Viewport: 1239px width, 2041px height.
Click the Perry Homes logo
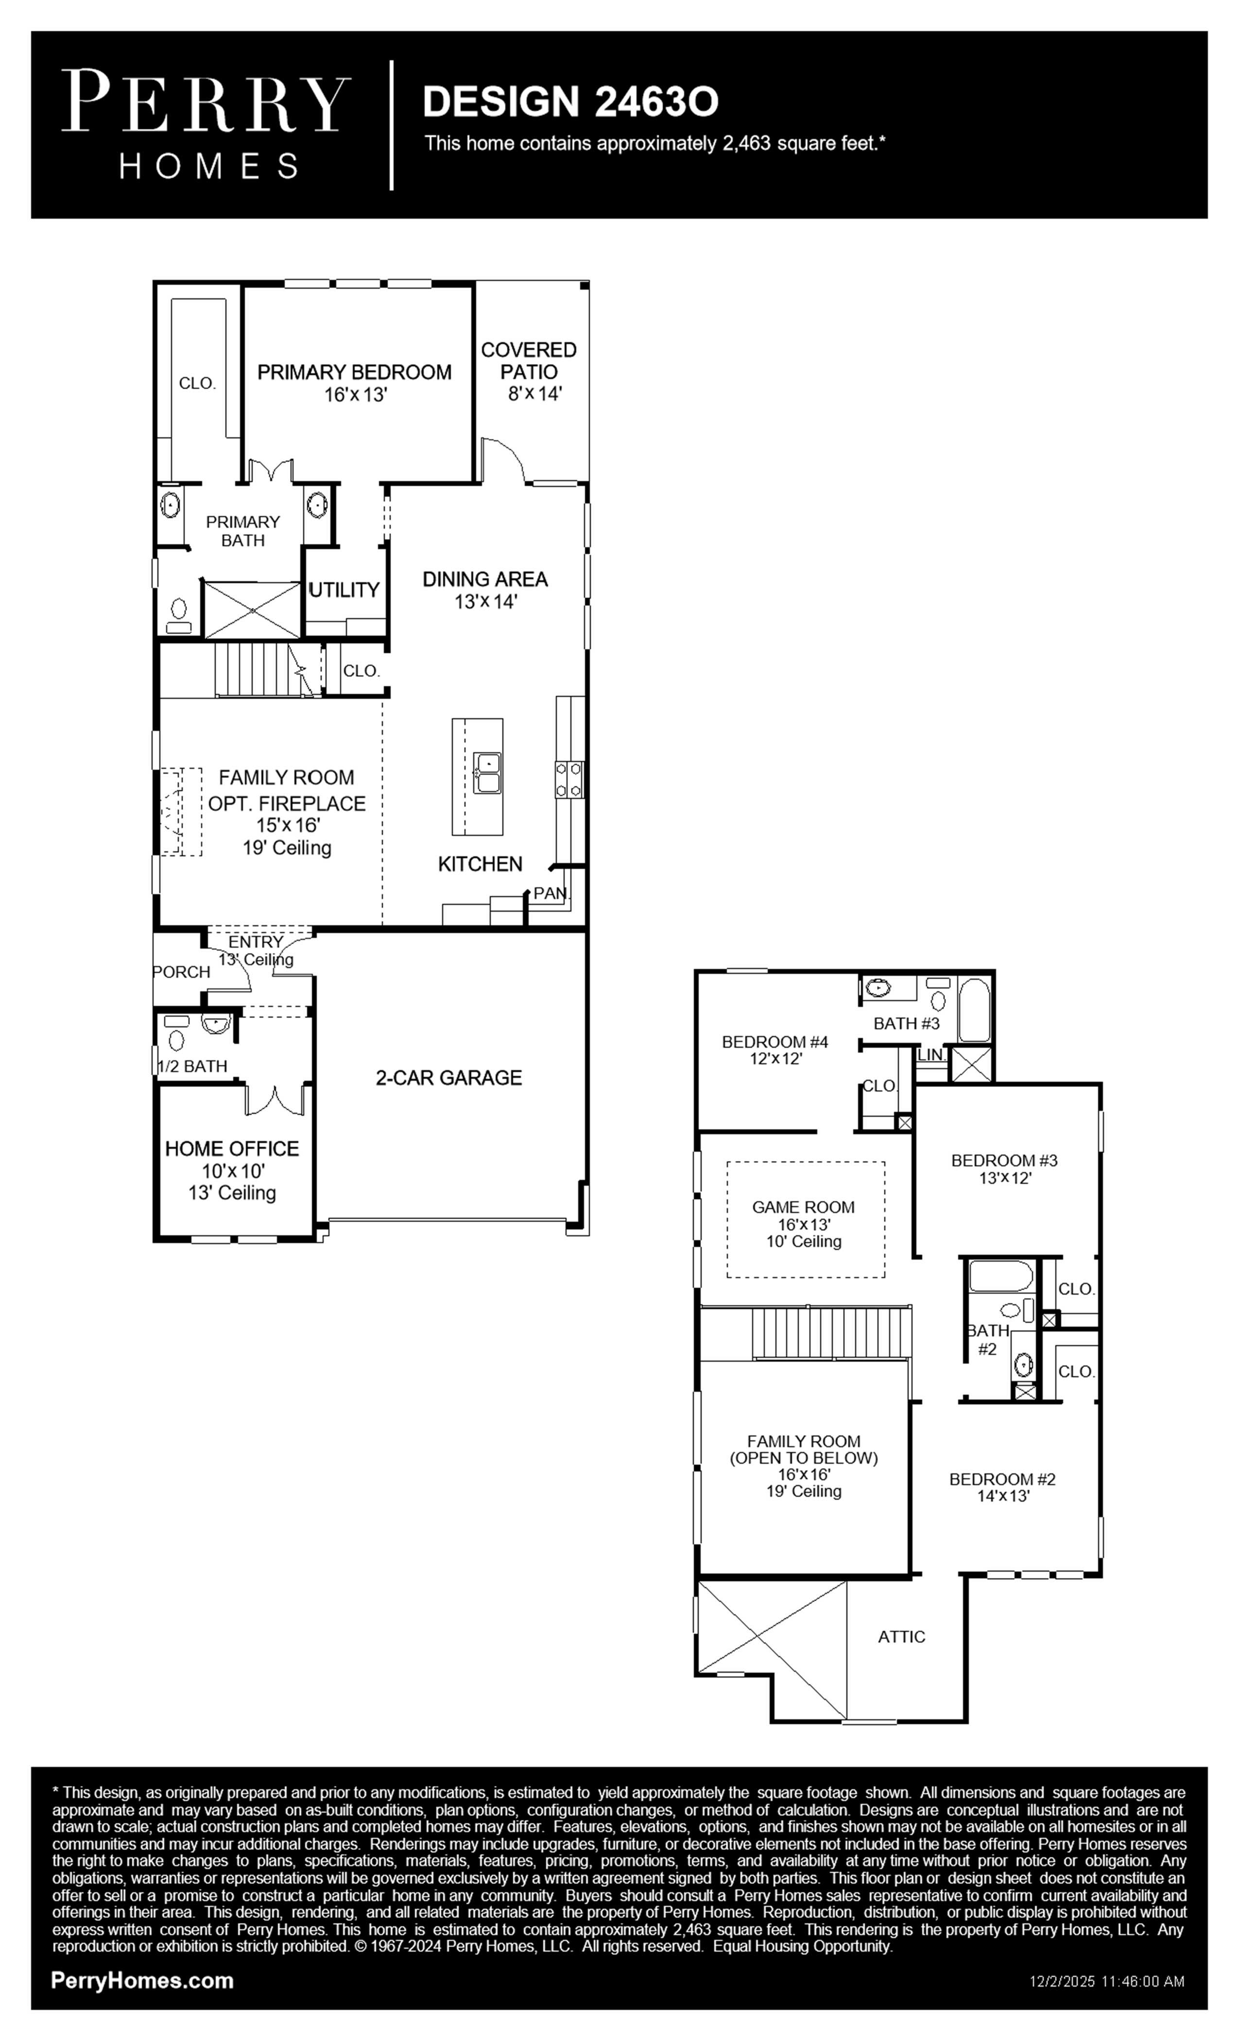click(x=206, y=125)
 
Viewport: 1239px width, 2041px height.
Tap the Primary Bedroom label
click(x=355, y=373)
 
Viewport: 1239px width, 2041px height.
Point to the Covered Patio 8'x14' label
click(x=529, y=372)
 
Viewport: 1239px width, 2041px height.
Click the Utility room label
click(x=344, y=590)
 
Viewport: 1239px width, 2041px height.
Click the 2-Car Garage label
click(x=449, y=1078)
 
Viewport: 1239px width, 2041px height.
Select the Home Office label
click(x=232, y=1149)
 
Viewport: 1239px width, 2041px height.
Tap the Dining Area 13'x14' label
click(x=485, y=590)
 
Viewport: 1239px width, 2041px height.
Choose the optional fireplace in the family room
click(x=181, y=812)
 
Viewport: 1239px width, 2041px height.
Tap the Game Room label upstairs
click(x=803, y=1208)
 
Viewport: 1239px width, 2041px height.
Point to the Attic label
click(x=902, y=1637)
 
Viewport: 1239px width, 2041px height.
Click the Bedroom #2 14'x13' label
click(x=1003, y=1488)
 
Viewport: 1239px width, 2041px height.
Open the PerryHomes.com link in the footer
click(x=142, y=1981)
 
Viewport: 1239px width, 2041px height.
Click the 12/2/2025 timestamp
click(x=1107, y=1981)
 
